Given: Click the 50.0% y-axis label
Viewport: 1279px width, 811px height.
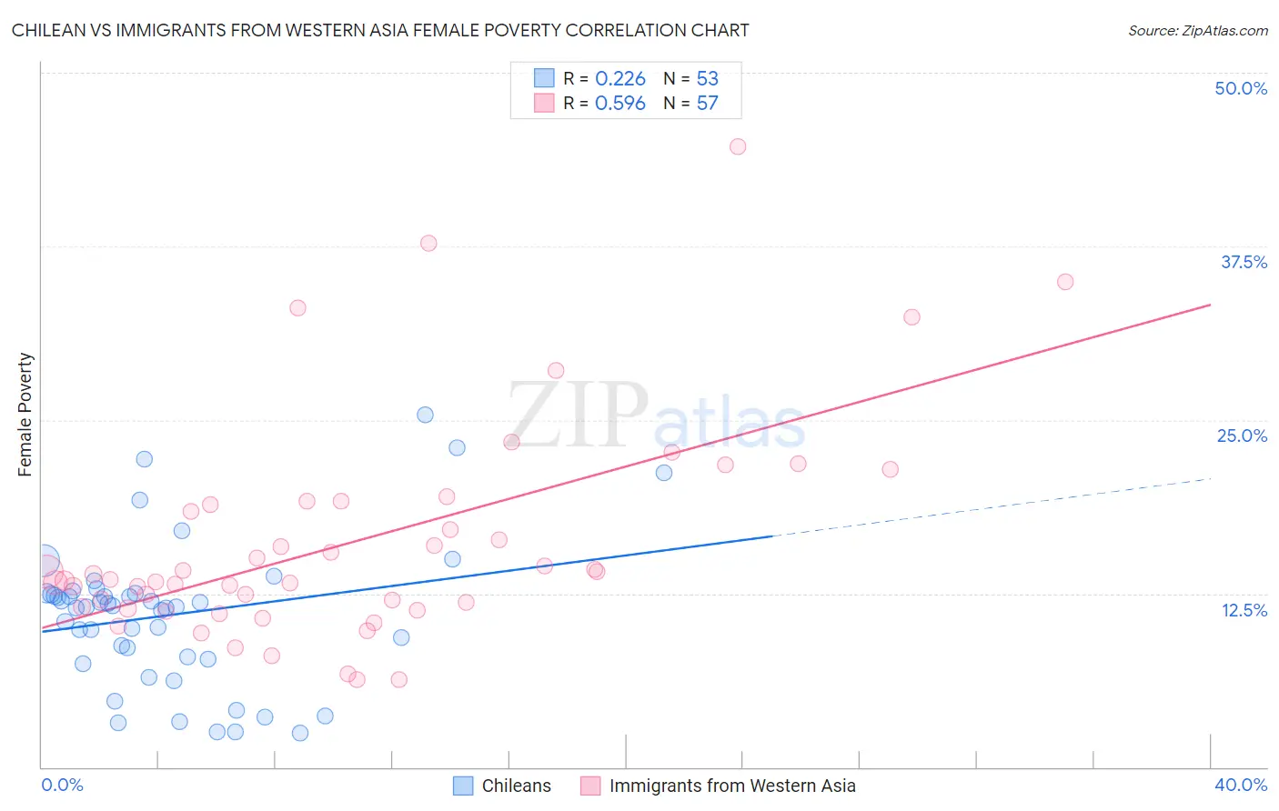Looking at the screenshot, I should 1241,88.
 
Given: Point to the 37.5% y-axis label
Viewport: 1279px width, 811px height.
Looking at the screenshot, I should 1244,262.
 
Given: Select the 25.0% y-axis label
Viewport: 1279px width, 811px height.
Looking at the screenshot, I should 1242,436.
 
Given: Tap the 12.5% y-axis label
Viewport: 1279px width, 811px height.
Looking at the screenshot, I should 1244,610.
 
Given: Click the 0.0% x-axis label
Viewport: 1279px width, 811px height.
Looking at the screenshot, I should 63,785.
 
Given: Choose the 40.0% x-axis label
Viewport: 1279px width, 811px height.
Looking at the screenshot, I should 1241,785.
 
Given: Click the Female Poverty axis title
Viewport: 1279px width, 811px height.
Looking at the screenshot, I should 25,415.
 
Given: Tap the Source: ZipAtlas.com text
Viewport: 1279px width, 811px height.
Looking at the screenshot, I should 1197,30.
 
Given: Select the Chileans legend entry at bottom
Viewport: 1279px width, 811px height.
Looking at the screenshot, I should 516,786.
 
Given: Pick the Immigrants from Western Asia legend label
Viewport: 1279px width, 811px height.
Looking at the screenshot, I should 732,786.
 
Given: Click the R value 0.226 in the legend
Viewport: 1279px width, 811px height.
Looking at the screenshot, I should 620,79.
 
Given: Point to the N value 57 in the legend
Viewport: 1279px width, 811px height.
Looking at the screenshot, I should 708,103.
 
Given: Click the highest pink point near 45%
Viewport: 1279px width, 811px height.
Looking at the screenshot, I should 738,146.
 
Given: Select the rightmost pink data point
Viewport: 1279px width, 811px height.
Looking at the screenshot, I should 1065,282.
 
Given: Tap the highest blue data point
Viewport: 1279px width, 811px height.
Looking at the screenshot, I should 425,415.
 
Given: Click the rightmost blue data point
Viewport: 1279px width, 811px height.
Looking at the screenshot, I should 664,473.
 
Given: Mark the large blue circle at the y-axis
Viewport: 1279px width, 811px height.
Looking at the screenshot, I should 44,561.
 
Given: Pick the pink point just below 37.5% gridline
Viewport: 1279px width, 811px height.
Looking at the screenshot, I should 428,243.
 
